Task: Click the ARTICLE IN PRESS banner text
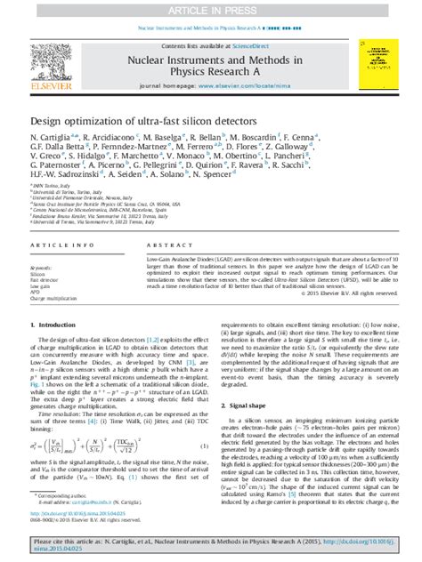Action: [x=210, y=9]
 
